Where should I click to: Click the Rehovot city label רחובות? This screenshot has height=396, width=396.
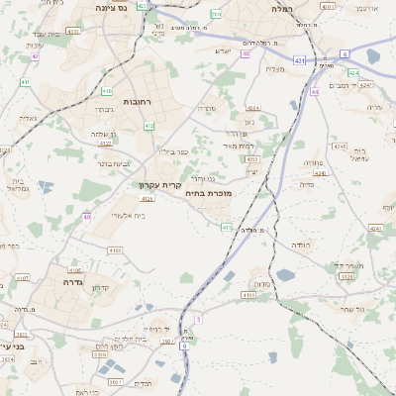135,102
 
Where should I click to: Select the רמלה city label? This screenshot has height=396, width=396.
282,7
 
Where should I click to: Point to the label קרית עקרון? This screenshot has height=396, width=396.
158,184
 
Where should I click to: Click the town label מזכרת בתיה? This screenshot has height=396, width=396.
208,194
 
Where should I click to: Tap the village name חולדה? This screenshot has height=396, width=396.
301,244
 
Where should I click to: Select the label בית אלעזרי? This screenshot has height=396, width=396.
126,215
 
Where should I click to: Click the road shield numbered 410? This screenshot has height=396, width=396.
106,90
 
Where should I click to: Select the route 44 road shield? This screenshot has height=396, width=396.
314,91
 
